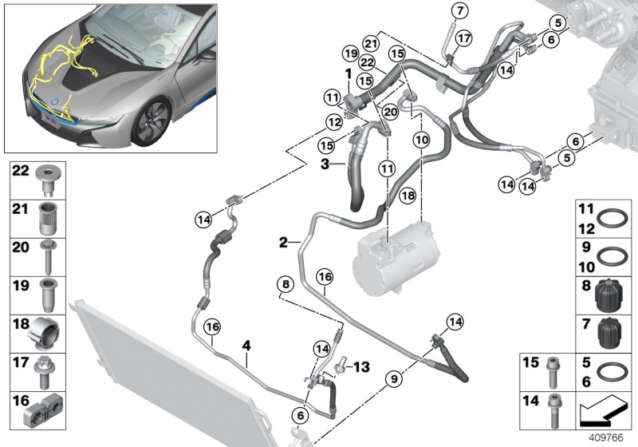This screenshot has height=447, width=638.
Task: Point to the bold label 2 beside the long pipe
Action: pyautogui.click(x=283, y=240)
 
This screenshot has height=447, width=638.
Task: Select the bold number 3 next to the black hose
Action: pyautogui.click(x=325, y=164)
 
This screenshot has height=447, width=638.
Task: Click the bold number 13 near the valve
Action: pyautogui.click(x=363, y=366)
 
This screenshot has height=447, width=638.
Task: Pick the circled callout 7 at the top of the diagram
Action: pyautogui.click(x=459, y=10)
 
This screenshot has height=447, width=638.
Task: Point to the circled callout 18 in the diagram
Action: pyautogui.click(x=407, y=196)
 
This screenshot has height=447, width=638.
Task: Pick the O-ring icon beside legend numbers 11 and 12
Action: pyautogui.click(x=611, y=220)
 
